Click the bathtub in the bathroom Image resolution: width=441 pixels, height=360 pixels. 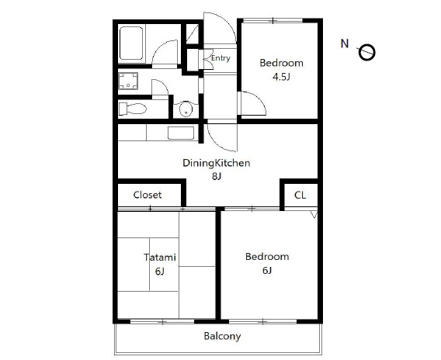tap(131, 43)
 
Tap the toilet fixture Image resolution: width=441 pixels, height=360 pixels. tap(133, 109)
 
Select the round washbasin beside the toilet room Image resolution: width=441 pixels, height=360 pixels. tap(186, 109)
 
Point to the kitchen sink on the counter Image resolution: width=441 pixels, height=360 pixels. tap(181, 133)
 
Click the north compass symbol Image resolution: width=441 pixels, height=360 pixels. tap(366, 52)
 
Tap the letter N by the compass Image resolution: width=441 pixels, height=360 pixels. tap(345, 44)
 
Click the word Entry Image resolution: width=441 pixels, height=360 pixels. tap(220, 58)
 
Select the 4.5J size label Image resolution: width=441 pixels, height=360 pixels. tap(281, 77)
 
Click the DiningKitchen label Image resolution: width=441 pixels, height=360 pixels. tap(217, 163)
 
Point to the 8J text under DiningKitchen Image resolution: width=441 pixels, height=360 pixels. tap(217, 176)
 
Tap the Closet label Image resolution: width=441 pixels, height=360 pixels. tap(148, 195)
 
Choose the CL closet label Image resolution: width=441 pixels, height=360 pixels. tap(300, 195)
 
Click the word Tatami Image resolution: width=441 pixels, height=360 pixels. tap(160, 257)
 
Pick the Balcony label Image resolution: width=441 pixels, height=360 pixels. tap(222, 337)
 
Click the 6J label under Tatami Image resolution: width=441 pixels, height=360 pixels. tap(159, 272)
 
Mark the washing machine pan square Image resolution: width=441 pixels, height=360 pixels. tap(128, 81)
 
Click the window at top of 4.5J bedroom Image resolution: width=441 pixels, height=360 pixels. tap(273, 20)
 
